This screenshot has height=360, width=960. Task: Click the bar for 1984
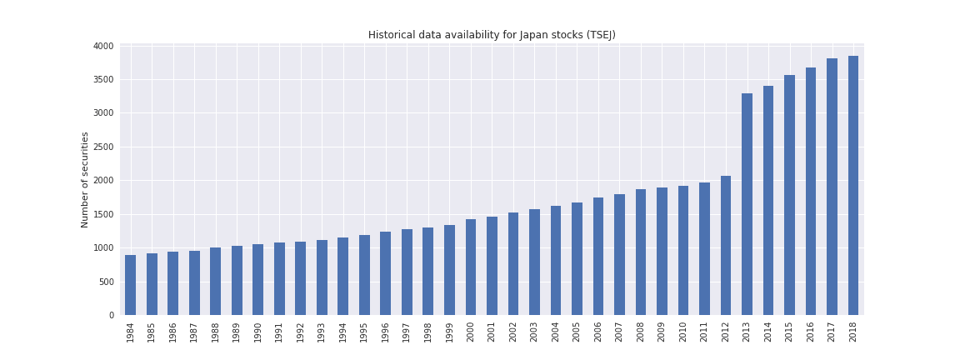[130, 285]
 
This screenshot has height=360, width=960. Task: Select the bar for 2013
[747, 204]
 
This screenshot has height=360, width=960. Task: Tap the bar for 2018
[853, 186]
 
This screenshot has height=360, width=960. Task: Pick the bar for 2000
[471, 267]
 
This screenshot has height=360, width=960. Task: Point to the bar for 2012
[726, 245]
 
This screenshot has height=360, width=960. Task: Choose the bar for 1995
[364, 275]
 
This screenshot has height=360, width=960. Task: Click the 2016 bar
[811, 192]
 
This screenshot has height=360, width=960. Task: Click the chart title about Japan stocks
[492, 35]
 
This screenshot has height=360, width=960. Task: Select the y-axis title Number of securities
[85, 179]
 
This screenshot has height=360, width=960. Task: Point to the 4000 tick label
[103, 46]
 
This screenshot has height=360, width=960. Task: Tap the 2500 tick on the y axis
[103, 147]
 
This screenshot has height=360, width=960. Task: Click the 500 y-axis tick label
[107, 282]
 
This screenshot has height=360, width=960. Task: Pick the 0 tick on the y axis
[112, 315]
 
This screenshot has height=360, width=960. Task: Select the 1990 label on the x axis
[258, 332]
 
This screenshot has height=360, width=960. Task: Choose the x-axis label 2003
[534, 332]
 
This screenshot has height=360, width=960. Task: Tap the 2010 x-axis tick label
[683, 332]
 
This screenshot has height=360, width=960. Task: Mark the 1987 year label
[194, 332]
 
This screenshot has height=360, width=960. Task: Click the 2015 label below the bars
[789, 332]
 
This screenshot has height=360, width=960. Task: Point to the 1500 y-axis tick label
[103, 214]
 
